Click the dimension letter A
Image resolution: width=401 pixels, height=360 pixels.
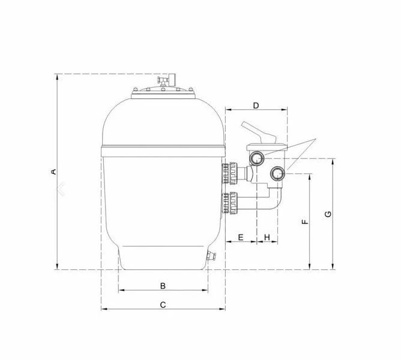pos(53,172)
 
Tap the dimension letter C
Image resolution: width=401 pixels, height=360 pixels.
pos(163,304)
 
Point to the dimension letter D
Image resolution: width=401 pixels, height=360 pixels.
pos(256,106)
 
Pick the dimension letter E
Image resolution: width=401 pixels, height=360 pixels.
pos(240,238)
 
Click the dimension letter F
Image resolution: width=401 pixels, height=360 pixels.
pos(305,221)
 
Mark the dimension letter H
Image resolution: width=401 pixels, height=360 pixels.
pos(267,238)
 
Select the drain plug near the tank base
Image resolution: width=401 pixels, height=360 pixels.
pos(210,256)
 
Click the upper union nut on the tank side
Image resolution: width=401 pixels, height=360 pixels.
pos(231,173)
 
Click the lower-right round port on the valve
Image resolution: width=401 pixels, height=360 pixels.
pos(277,174)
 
